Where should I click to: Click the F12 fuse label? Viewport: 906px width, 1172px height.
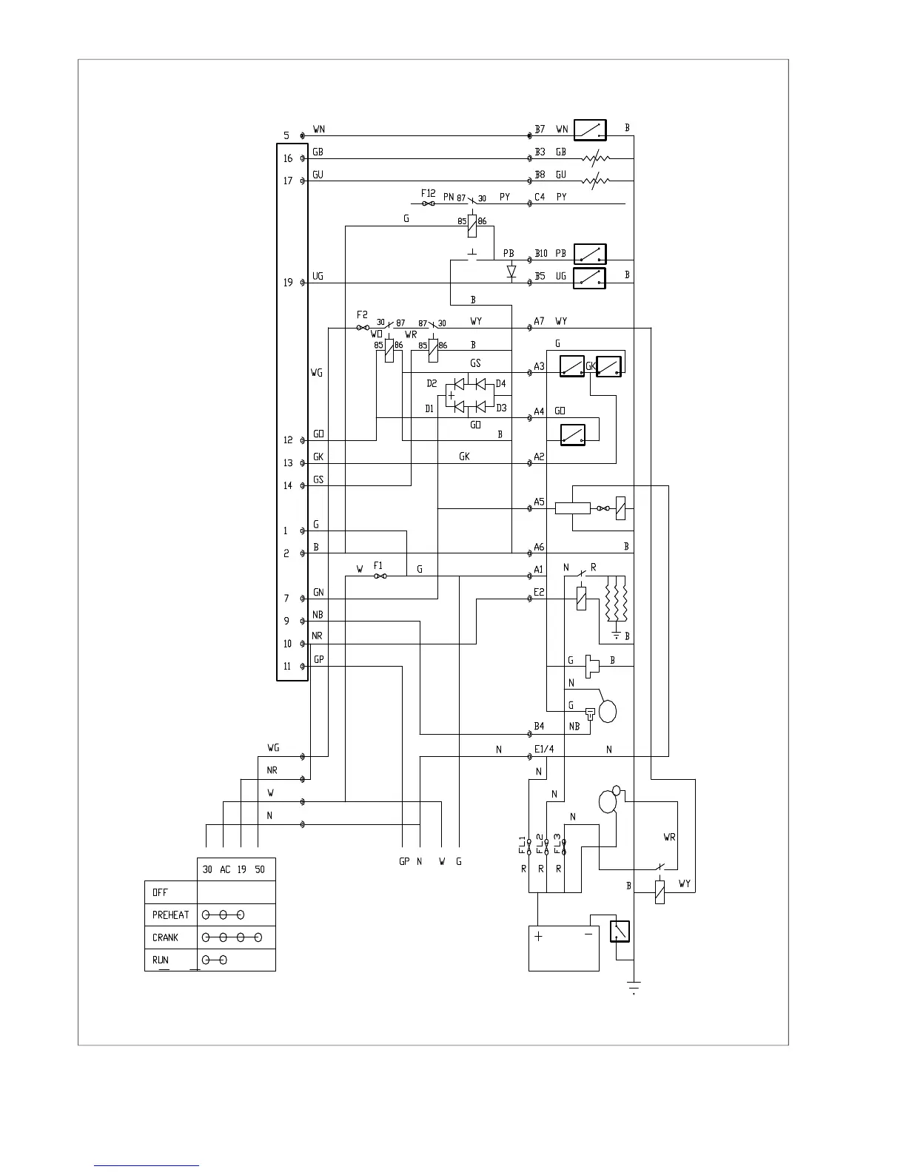[428, 193]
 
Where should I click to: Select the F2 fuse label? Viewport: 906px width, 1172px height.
[362, 314]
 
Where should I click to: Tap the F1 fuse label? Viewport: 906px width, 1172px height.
[378, 565]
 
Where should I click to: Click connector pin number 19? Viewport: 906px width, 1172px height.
[287, 283]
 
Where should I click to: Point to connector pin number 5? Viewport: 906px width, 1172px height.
[286, 136]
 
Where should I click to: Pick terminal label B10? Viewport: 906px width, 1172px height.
[541, 254]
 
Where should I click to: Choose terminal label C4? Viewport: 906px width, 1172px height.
[540, 198]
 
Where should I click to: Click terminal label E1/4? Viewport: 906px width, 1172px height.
[544, 750]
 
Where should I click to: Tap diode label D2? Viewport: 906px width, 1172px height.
[432, 383]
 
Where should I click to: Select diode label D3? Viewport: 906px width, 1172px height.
[501, 408]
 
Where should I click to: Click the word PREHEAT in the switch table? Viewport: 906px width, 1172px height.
[171, 915]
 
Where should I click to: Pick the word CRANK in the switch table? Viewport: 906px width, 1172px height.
[166, 937]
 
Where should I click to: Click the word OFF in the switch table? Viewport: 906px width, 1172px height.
[160, 892]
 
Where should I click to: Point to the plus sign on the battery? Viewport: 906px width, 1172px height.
[538, 936]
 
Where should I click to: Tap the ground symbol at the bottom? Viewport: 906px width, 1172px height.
[634, 986]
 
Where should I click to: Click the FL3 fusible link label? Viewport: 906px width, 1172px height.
[558, 844]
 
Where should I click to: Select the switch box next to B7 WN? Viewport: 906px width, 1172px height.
[590, 130]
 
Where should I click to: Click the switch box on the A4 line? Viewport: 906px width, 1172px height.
[573, 434]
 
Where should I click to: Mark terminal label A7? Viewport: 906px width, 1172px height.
[540, 322]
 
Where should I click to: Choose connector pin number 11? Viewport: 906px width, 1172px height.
[287, 667]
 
